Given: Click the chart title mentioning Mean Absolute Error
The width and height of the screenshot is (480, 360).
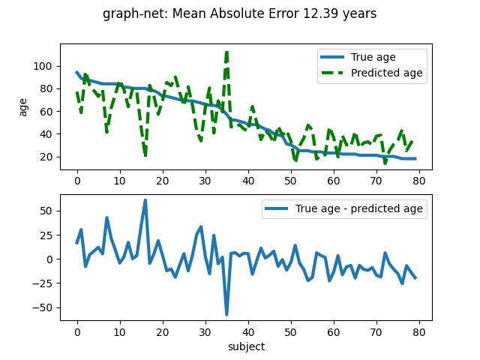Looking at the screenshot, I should (x=240, y=13).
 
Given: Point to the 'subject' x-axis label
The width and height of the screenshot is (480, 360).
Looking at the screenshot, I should (x=246, y=346).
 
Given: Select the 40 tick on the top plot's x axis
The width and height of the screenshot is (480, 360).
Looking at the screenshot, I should (x=247, y=181).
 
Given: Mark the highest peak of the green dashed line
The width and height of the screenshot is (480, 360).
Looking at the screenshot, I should (x=226, y=51).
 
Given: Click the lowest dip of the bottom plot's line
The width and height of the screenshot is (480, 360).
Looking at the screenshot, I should (x=226, y=314).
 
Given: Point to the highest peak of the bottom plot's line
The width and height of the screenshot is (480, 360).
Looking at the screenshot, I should (x=145, y=200).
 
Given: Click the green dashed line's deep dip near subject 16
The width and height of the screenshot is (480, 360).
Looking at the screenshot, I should (x=145, y=156).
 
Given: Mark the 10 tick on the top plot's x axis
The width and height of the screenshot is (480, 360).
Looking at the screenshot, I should (x=119, y=181).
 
